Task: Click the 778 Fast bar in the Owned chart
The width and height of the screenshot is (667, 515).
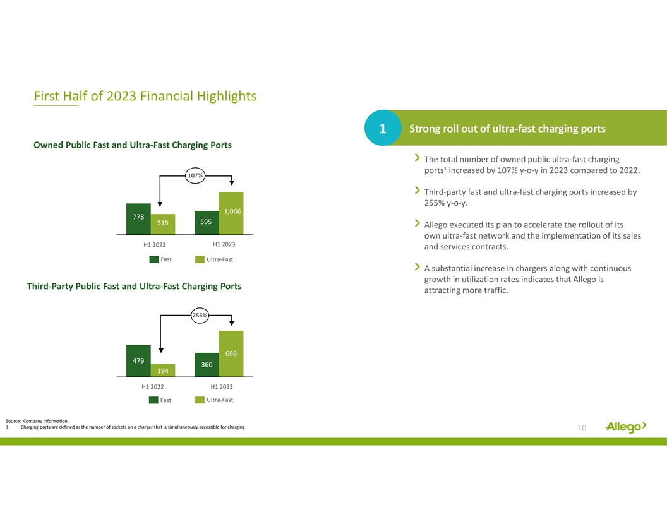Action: (138, 219)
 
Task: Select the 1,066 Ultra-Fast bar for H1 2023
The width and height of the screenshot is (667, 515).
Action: (231, 213)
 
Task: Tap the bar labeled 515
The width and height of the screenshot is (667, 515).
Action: (163, 224)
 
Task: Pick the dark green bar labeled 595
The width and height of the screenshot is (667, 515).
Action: (207, 223)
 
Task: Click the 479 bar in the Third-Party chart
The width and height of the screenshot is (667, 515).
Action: (138, 360)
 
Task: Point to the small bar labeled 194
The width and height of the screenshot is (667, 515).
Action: (163, 370)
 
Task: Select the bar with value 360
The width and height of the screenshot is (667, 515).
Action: (207, 365)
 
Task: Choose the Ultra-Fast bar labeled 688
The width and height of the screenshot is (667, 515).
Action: (231, 353)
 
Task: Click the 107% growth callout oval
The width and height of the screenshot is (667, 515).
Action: (195, 175)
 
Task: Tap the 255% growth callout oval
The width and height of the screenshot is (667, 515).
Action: (200, 316)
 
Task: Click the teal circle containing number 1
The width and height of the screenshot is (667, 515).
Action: (383, 128)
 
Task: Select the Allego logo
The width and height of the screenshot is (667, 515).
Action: (626, 427)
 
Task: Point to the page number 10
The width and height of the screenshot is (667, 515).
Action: (582, 427)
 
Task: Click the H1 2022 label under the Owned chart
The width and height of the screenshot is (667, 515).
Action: (154, 245)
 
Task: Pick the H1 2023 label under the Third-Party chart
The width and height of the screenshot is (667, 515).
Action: (222, 387)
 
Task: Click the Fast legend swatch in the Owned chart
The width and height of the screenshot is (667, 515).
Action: (154, 259)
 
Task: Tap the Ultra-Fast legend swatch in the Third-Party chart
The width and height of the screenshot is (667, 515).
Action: (200, 400)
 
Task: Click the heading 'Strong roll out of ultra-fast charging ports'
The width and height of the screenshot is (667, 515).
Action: (507, 129)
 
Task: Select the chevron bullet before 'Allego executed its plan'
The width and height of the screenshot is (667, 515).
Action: (418, 223)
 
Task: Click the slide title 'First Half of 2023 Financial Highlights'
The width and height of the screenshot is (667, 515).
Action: (145, 96)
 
